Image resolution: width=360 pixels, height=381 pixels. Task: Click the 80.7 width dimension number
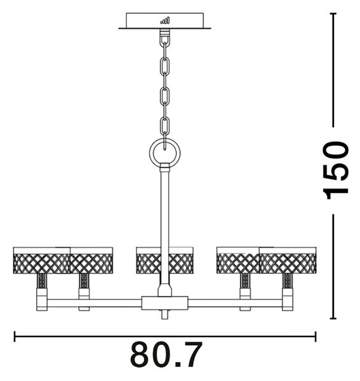coord(166,355)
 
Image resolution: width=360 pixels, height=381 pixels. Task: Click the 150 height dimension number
coord(336,170)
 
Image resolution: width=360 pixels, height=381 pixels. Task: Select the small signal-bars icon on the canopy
coord(165,21)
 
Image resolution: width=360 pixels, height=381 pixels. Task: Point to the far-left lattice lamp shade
coord(41,260)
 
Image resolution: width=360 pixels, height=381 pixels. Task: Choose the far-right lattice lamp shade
coord(288,260)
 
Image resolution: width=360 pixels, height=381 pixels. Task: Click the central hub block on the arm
coord(164,303)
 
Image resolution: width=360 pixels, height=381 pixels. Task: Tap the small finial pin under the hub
coord(164,314)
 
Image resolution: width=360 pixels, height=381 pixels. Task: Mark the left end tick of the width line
coord(15,337)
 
